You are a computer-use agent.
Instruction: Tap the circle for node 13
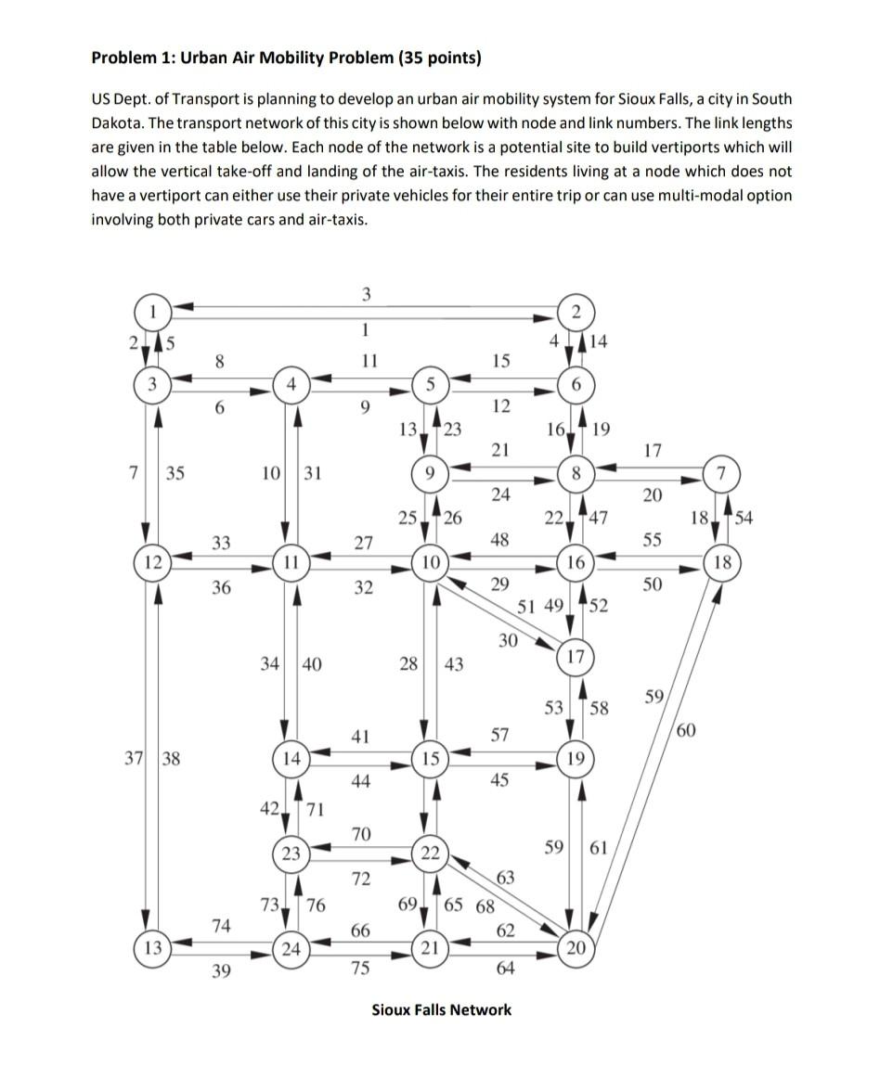(x=150, y=948)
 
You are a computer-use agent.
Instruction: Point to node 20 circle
(x=576, y=948)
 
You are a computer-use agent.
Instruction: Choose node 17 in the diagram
(x=576, y=658)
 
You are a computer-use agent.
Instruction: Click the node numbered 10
(x=431, y=562)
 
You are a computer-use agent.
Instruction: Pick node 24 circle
(x=291, y=948)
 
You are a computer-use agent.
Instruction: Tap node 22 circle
(x=430, y=853)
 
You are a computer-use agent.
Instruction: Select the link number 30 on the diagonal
(x=508, y=640)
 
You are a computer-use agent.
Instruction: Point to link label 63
(x=506, y=877)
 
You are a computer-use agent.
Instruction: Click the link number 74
(x=220, y=924)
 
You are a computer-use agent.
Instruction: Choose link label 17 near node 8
(x=653, y=452)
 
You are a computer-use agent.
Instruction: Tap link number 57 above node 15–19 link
(x=499, y=736)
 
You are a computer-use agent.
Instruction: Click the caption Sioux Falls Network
(x=441, y=1009)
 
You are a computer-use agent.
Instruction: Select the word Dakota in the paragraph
(x=117, y=122)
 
